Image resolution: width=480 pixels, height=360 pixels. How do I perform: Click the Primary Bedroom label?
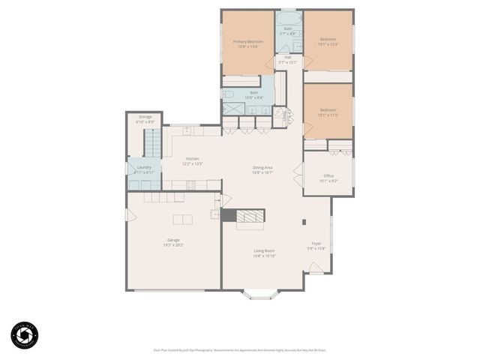tap(247, 43)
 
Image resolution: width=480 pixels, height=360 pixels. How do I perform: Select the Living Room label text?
tap(264, 253)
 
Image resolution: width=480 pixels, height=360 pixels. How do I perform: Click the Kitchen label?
tap(192, 160)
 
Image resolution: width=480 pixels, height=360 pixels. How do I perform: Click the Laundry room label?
tap(144, 169)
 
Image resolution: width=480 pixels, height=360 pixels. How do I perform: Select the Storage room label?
tap(145, 118)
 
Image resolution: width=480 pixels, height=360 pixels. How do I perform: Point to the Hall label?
tap(288, 59)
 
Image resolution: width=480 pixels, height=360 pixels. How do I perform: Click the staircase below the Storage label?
tap(152, 141)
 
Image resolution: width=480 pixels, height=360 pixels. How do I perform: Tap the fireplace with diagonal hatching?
tap(250, 216)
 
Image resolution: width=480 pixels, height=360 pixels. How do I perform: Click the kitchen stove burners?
tap(190, 184)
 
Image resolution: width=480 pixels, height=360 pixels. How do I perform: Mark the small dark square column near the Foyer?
tap(304, 222)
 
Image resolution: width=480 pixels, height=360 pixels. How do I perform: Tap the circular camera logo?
tap(24, 334)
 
